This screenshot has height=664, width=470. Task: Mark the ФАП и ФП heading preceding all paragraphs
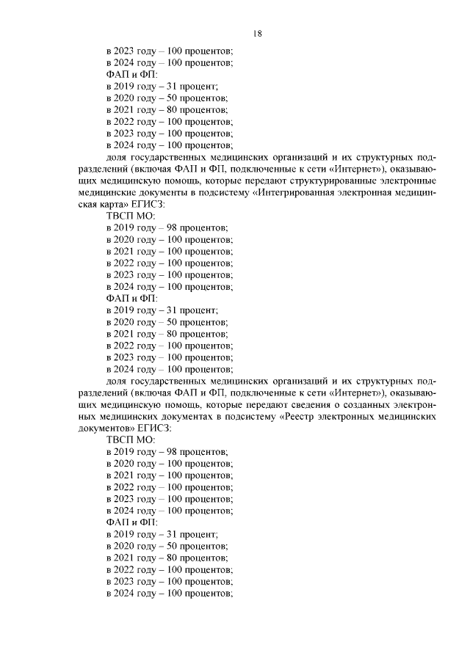[127, 75]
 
